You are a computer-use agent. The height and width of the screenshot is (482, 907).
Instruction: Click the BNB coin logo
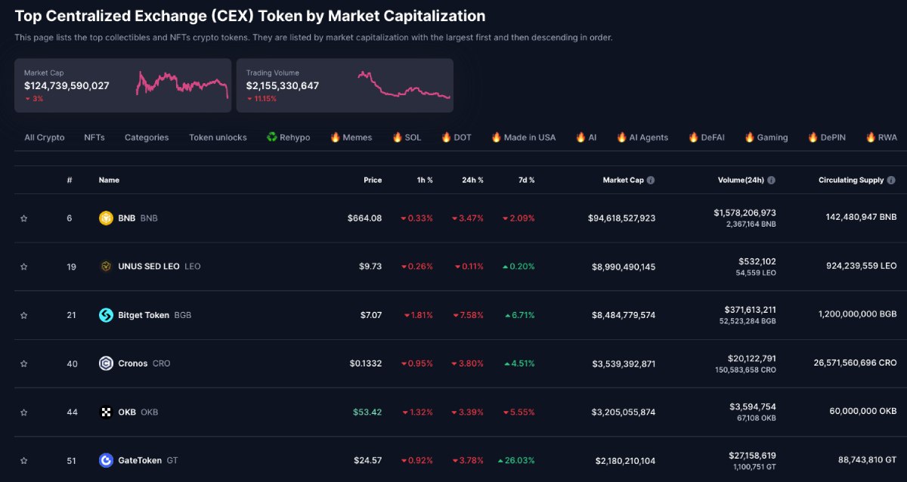(x=106, y=218)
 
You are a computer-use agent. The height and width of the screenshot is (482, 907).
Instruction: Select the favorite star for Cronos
(x=23, y=363)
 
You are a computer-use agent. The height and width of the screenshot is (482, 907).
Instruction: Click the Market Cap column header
(x=623, y=181)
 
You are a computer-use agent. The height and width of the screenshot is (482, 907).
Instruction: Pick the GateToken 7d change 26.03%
(x=517, y=460)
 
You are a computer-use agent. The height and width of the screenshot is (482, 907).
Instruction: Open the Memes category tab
(x=351, y=137)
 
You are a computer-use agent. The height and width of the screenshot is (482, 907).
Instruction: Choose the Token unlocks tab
(x=218, y=137)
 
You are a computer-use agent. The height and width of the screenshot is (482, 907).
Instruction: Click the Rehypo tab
(x=288, y=137)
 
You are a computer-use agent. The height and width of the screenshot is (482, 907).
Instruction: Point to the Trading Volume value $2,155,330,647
(x=283, y=86)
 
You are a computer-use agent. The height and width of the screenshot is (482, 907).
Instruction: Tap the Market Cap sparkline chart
(x=182, y=84)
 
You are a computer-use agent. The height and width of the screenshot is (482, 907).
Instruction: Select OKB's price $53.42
(x=367, y=412)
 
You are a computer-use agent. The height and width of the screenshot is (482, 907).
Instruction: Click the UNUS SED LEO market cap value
(x=623, y=267)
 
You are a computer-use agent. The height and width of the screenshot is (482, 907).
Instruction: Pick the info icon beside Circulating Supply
(x=891, y=181)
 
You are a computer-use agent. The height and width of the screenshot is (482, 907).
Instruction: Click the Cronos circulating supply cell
(x=844, y=363)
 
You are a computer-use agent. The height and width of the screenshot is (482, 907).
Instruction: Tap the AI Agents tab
(x=642, y=137)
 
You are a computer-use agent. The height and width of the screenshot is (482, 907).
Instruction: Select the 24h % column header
(x=472, y=181)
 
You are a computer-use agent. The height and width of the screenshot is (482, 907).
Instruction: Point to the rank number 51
(x=71, y=460)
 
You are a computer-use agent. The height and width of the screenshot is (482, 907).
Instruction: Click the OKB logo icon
(x=106, y=412)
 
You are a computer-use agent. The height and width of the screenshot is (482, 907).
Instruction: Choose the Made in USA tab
(x=523, y=137)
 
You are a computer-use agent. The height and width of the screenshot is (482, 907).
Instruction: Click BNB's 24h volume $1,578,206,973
(x=744, y=213)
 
